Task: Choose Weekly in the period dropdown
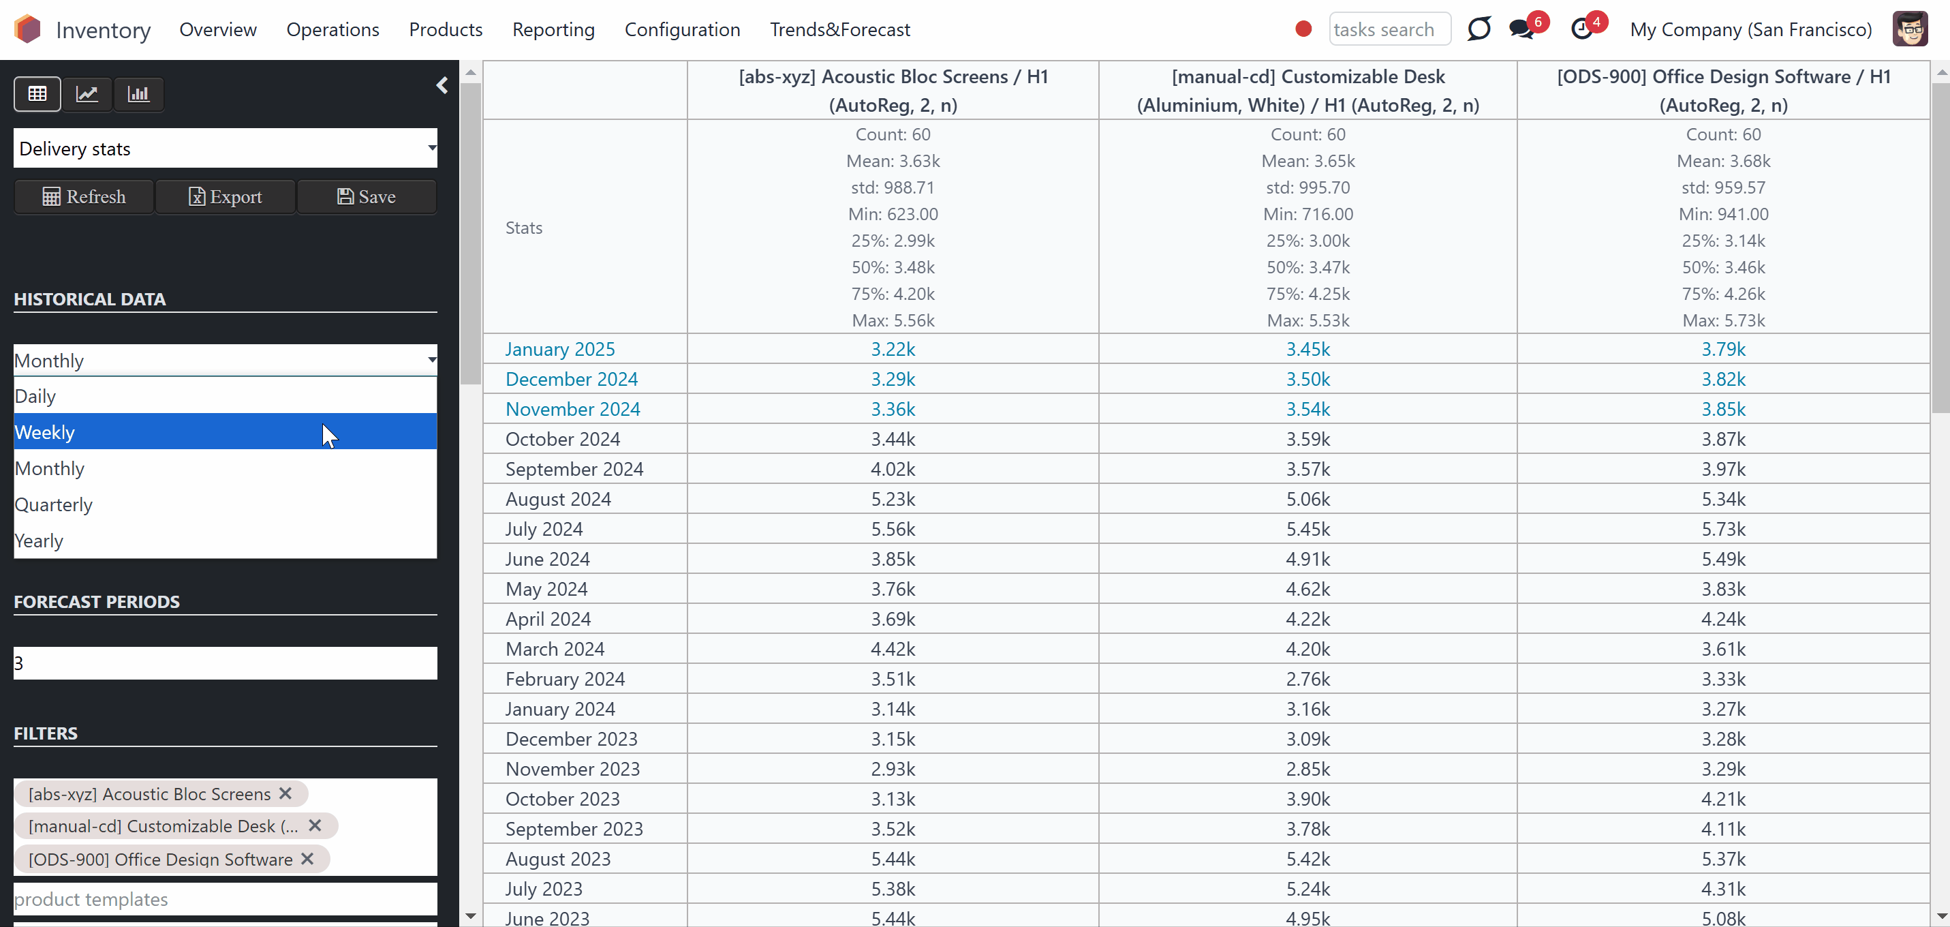tap(226, 431)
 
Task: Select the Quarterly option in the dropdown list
tap(226, 504)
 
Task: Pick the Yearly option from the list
tap(226, 541)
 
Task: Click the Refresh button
tap(84, 197)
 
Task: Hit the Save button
tap(367, 197)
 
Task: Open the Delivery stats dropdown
tap(226, 149)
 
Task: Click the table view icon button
tap(37, 94)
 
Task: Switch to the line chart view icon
tap(87, 94)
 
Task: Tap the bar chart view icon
tap(138, 94)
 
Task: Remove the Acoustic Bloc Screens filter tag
tap(285, 793)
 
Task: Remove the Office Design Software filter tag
tap(307, 858)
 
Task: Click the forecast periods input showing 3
tap(226, 663)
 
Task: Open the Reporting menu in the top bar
tap(553, 29)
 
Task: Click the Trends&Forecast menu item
tap(840, 29)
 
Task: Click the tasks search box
tap(1390, 29)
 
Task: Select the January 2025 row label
tap(560, 349)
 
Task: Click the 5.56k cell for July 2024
tap(893, 529)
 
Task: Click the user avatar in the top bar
tap(1910, 29)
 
